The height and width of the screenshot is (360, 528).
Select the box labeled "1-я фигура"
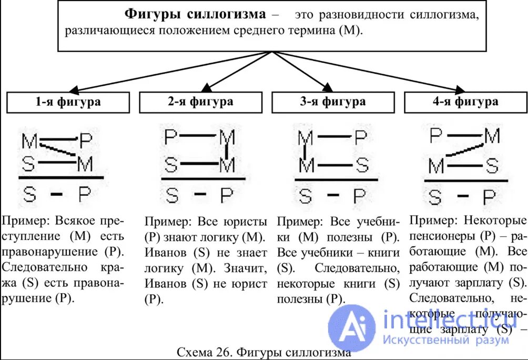tap(68, 102)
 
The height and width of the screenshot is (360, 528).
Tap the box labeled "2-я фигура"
tap(200, 102)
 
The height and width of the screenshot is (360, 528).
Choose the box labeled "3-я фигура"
tap(333, 102)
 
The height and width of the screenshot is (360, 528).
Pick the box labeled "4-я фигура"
tap(465, 102)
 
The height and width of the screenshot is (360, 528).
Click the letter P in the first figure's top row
tap(86, 141)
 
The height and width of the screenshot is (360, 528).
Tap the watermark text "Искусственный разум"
tap(446, 340)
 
